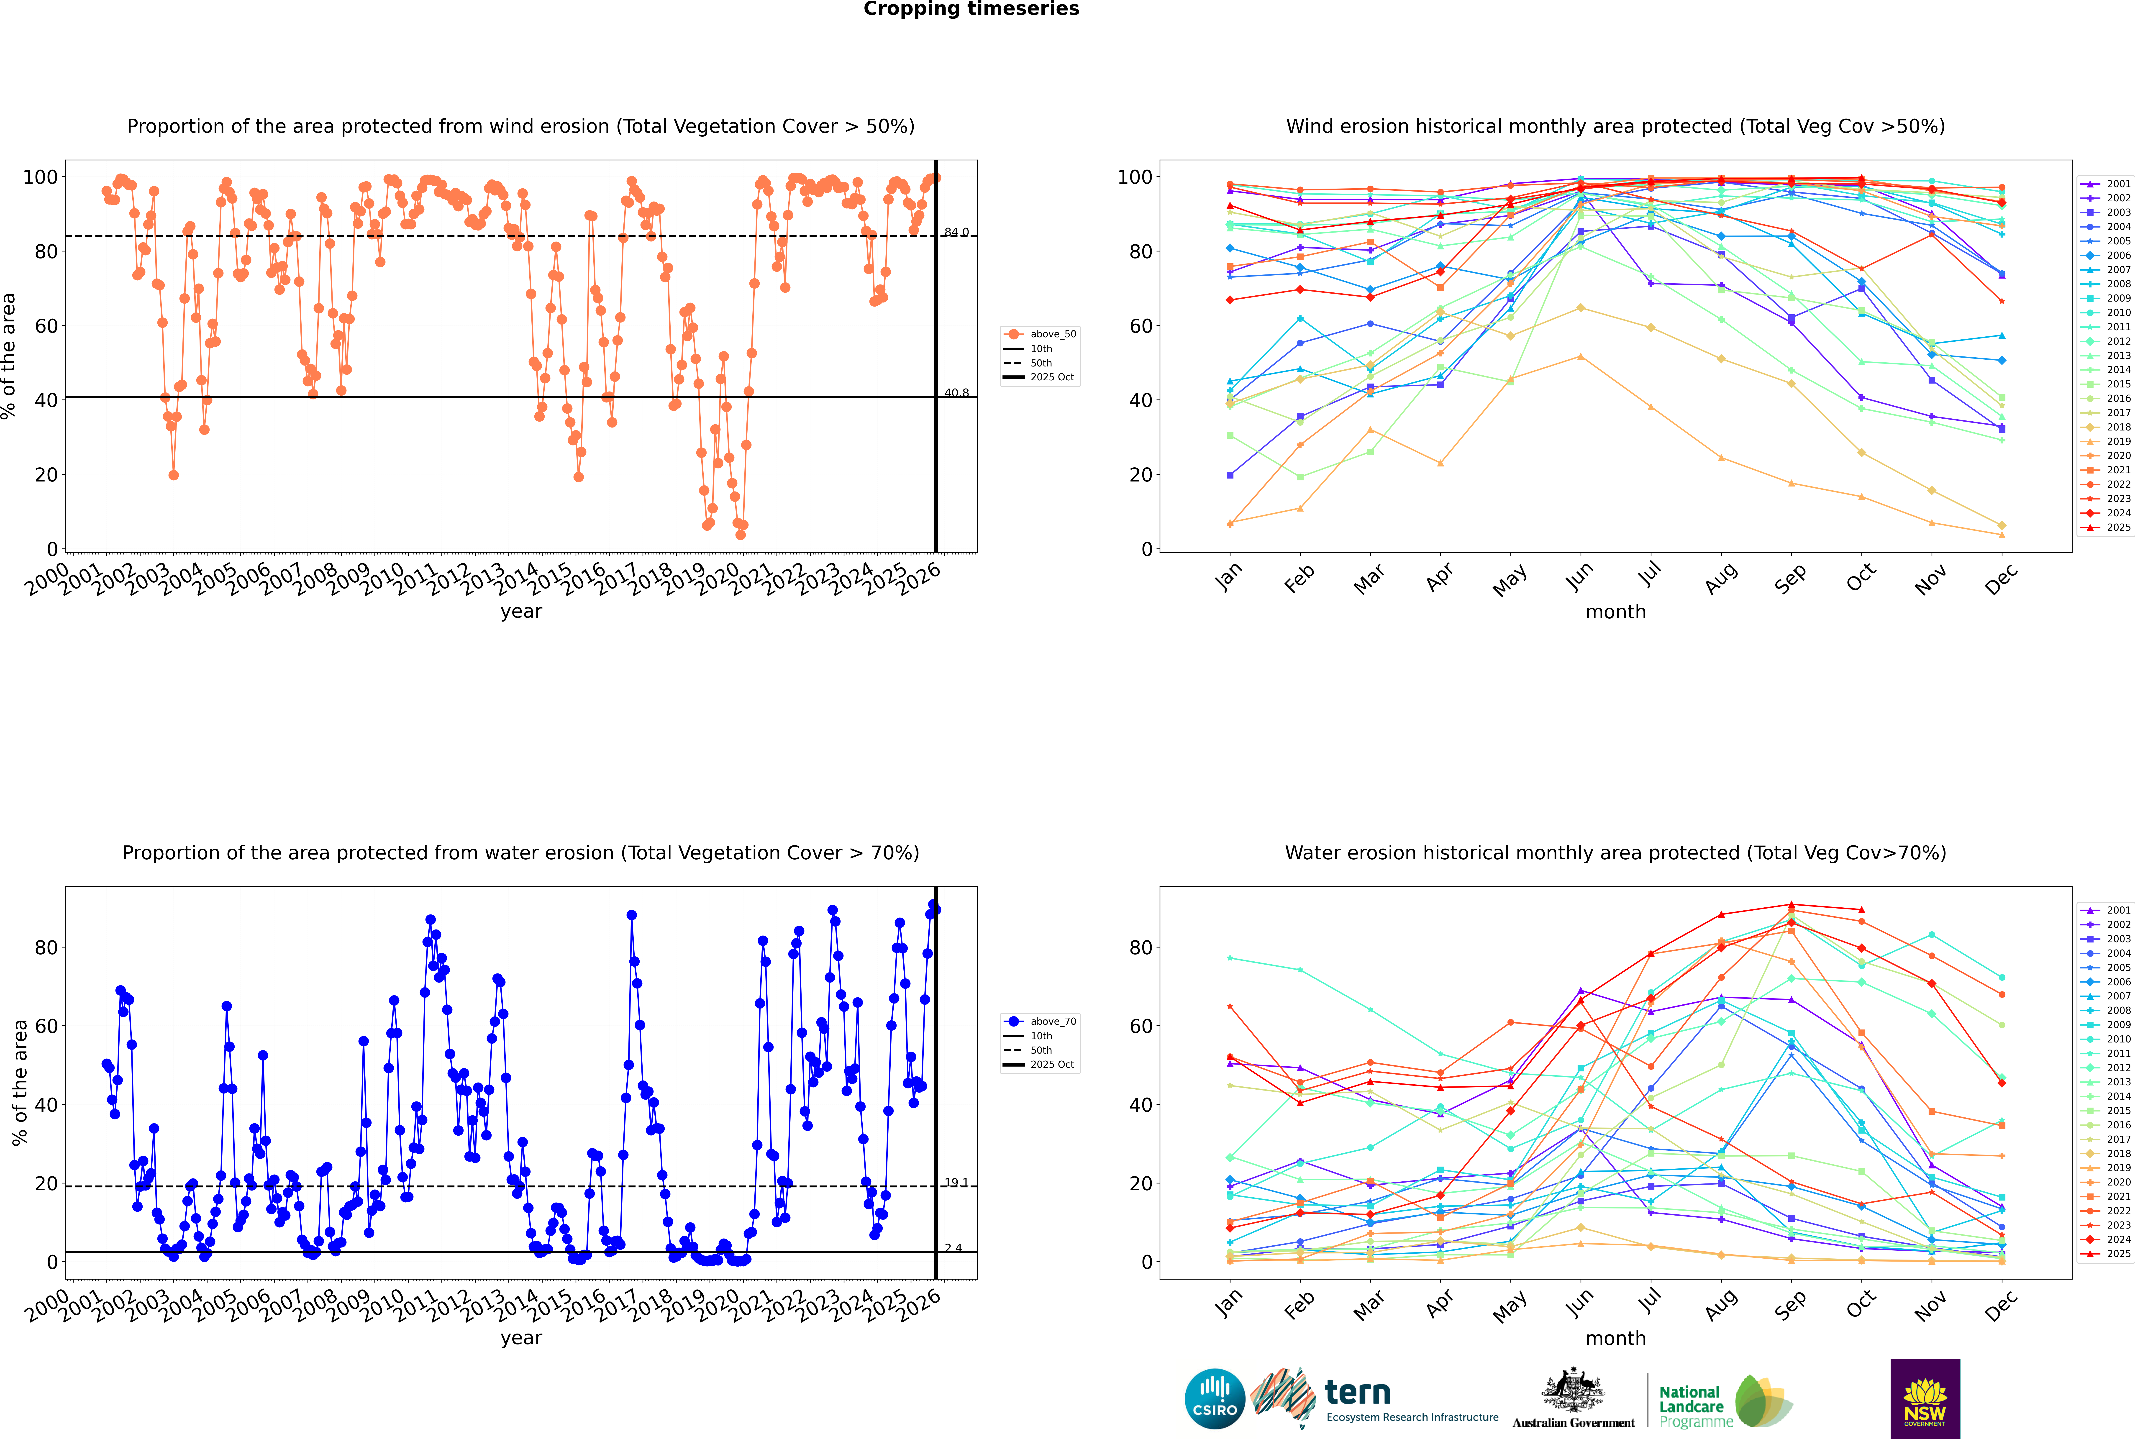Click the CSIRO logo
tap(1214, 1399)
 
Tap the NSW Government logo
tap(1925, 1399)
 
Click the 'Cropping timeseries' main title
tap(971, 9)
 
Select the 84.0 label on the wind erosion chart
tap(956, 232)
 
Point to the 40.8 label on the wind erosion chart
tap(956, 393)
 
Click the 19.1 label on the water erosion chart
tap(956, 1183)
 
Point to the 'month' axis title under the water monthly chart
tap(1615, 1339)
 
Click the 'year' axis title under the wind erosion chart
tap(521, 612)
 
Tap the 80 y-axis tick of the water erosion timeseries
tap(46, 948)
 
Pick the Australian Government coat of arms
tap(1573, 1390)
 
